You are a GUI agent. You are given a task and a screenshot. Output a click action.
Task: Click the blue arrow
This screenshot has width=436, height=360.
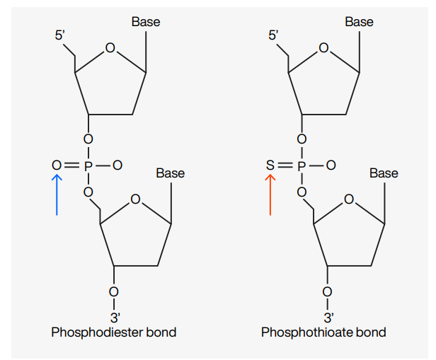point(57,194)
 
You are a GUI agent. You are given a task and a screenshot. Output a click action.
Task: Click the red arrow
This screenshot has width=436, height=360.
point(270,194)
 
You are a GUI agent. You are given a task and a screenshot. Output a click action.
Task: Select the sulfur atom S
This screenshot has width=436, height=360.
point(270,166)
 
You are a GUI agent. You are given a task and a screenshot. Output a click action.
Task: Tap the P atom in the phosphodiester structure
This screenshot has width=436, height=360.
point(88,166)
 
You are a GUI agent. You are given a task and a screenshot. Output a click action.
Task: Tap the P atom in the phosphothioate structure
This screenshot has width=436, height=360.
point(302,166)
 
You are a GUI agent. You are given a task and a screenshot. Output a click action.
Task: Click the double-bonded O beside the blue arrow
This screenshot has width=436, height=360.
point(57,166)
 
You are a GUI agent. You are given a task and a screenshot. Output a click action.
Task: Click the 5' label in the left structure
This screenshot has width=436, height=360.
point(60,35)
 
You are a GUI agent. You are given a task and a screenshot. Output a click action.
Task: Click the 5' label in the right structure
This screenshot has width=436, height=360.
point(274,35)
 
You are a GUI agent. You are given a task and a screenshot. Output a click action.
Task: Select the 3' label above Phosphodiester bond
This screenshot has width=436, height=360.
point(115,318)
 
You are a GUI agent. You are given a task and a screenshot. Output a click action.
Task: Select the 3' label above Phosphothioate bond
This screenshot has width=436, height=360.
point(328,318)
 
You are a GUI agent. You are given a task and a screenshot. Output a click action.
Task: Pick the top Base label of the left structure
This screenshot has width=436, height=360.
point(146,22)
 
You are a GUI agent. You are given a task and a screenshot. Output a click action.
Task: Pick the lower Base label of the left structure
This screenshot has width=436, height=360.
point(171,173)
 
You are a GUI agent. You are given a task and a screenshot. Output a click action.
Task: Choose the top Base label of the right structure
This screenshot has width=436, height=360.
point(360,22)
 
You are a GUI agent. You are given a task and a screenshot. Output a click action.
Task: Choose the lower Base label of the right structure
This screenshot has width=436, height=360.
point(384,173)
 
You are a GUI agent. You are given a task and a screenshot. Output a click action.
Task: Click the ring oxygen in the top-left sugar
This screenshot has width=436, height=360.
point(110,48)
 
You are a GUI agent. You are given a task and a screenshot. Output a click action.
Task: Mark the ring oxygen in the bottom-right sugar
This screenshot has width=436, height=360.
point(349,199)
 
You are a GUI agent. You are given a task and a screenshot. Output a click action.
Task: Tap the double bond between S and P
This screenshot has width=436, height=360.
point(285,166)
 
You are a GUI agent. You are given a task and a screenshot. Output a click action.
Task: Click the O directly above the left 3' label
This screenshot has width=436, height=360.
point(113,292)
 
